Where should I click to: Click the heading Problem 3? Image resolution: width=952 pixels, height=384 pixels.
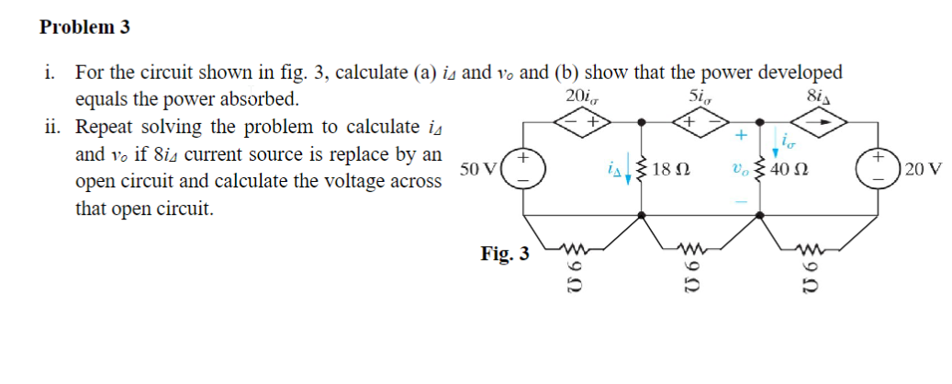84,28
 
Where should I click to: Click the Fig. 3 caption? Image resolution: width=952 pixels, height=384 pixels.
504,253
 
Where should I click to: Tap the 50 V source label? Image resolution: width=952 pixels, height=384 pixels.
479,170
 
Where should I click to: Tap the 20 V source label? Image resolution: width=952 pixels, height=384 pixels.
922,170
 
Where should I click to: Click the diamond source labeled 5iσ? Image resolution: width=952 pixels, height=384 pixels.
702,120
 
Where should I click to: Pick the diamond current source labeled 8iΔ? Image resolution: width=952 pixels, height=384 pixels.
819,120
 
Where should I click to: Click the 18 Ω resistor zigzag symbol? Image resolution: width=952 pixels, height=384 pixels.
641,170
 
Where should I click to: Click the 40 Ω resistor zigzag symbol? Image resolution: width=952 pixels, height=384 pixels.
758,170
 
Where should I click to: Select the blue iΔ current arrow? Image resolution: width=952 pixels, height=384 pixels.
628,172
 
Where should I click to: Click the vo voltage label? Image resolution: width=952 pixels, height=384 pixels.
738,171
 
